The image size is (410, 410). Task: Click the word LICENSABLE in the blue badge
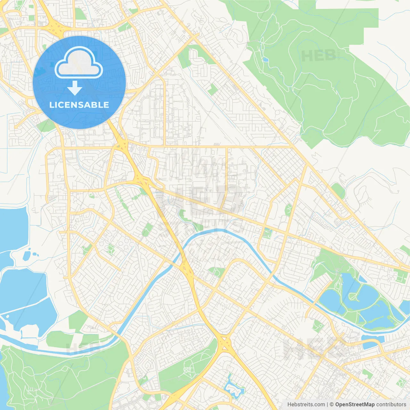coord(79,105)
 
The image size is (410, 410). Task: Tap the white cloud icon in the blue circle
coord(79,63)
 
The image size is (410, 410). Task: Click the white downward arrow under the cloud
coord(75,88)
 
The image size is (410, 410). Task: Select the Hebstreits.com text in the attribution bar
coord(306,405)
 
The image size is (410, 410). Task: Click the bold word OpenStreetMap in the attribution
coord(355,405)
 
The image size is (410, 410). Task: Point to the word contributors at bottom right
coord(391,405)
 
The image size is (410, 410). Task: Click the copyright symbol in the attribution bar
coord(332,405)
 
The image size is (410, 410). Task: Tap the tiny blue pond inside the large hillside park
coord(265,60)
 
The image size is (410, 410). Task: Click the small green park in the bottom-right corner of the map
coord(400,382)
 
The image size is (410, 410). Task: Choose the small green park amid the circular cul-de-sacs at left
coord(111,249)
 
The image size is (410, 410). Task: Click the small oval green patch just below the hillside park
coord(338,190)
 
